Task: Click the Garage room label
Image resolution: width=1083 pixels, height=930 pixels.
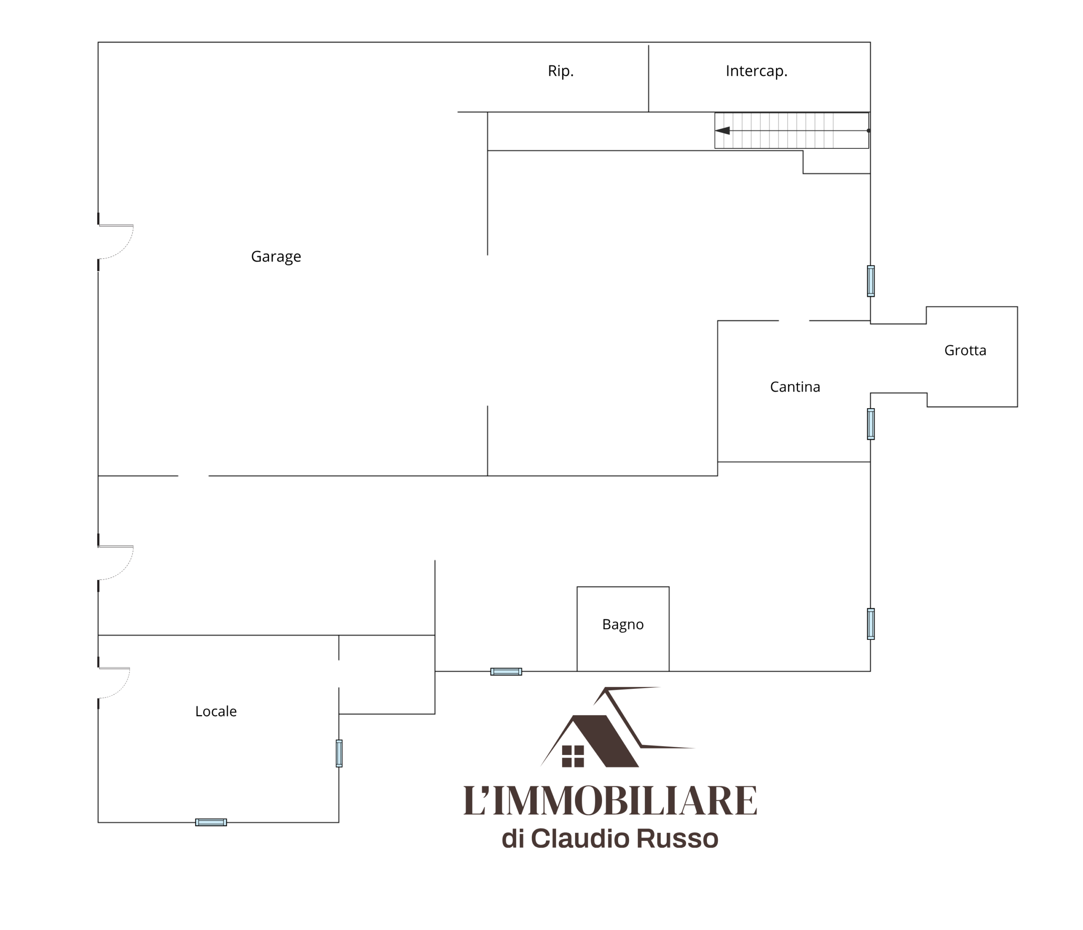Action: coord(276,257)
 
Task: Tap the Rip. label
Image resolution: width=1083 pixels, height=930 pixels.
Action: coord(561,71)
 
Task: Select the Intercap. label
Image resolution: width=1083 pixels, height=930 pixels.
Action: coord(756,71)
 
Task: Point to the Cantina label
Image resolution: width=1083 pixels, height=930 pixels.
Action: coord(795,387)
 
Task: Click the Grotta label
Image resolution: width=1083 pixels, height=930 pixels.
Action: coord(965,350)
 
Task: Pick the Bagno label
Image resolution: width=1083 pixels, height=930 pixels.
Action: coord(623,625)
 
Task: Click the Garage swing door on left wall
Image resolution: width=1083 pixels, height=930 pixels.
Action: coord(116,241)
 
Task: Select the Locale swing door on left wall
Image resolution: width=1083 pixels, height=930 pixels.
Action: coord(114,683)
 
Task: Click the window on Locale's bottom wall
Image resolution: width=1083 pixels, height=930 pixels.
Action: coord(211,823)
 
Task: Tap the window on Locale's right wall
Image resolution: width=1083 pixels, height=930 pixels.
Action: coord(339,753)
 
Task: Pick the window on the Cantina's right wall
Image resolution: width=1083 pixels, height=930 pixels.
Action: coord(871,424)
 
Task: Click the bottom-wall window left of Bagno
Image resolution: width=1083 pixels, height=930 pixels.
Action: coord(506,672)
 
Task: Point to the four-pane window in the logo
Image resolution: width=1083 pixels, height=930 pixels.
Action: coord(573,756)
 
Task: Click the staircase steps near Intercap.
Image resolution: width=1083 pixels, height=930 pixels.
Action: coord(792,131)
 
